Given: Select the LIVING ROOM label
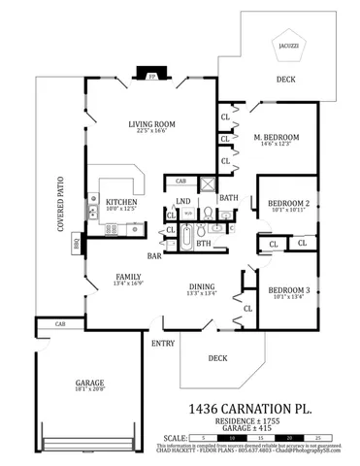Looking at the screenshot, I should pos(150,123).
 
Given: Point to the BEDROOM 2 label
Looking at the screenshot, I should pos(288,203).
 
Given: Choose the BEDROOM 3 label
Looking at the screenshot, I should pos(288,290).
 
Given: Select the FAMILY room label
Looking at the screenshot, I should pos(128,276).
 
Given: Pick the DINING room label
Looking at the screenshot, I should pos(202,286).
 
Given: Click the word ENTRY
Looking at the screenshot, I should pos(162,344).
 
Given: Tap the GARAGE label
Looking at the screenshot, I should pos(89,383).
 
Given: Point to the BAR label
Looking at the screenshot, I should pos(153,256).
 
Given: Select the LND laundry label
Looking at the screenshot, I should pos(182,200).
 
